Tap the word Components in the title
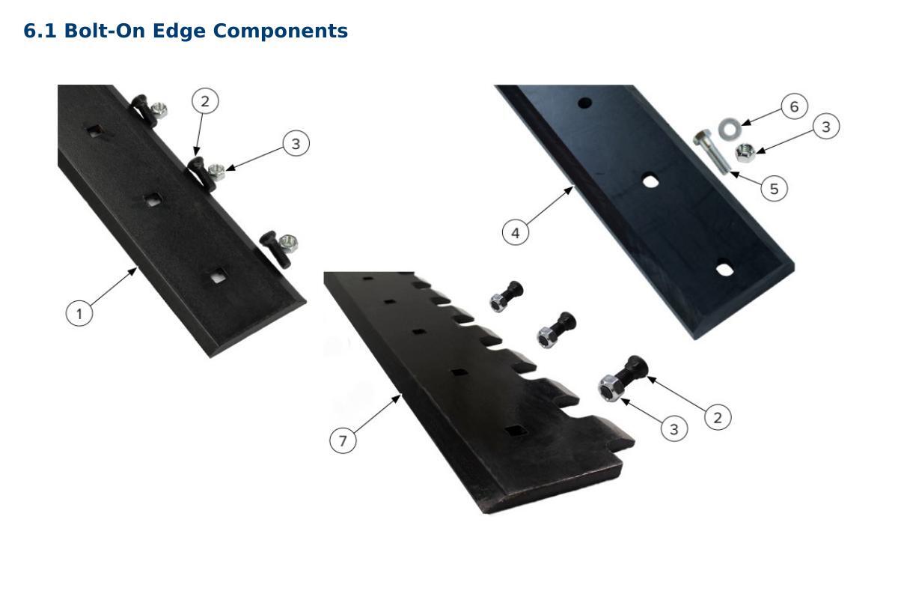(280, 31)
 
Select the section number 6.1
(40, 31)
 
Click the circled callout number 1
(79, 313)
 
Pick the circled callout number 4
(516, 232)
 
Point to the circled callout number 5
(774, 188)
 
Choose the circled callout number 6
(794, 106)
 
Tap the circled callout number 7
(343, 440)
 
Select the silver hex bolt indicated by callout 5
(711, 152)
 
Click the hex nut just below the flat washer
(745, 153)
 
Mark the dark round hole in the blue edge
(585, 103)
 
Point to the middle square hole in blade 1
(153, 199)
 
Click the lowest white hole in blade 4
(724, 270)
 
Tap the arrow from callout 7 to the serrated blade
(377, 414)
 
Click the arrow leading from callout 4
(549, 205)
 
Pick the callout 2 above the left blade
(205, 101)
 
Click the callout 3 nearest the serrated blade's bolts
(674, 429)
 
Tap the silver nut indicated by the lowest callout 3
(611, 388)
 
